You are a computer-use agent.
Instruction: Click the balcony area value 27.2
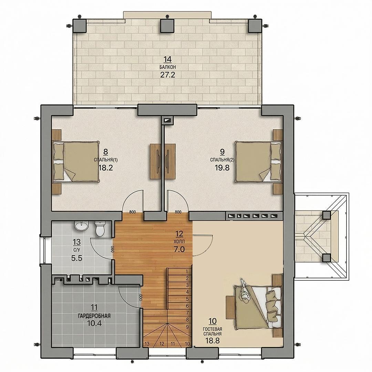point(167,75)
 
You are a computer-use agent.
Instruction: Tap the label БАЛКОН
point(168,68)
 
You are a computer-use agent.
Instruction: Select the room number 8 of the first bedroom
point(106,151)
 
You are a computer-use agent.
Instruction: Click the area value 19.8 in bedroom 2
point(222,168)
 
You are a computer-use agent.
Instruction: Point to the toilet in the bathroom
point(99,229)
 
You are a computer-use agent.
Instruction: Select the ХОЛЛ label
point(179,241)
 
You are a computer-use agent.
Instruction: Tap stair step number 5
point(187,299)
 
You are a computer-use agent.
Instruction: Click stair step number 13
point(147,344)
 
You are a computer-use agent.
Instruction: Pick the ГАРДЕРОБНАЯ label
point(94,316)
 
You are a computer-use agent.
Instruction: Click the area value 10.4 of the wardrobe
point(94,323)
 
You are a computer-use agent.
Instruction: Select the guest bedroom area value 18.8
point(212,341)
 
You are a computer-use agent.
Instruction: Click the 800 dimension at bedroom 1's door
point(132,212)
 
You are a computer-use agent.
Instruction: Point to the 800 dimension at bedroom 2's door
point(178,212)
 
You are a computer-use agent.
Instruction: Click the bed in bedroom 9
point(258,162)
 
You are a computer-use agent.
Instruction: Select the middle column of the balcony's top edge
point(167,25)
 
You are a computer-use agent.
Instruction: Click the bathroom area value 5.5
point(76,258)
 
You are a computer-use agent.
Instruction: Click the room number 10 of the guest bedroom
point(213,321)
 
